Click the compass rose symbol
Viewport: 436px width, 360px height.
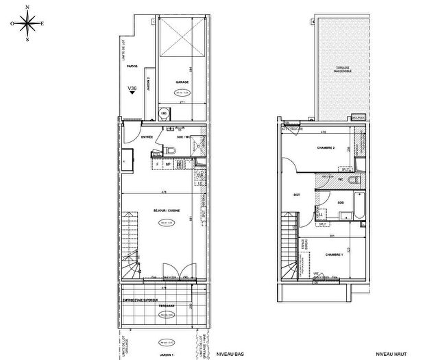coord(27,23)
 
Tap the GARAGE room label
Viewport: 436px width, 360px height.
coord(182,82)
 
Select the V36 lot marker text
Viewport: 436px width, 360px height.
coord(132,88)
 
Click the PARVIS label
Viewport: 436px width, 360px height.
coord(132,66)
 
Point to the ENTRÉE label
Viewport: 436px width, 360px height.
coord(147,138)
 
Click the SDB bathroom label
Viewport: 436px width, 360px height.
coord(340,204)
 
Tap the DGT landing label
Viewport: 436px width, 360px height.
coord(297,194)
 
